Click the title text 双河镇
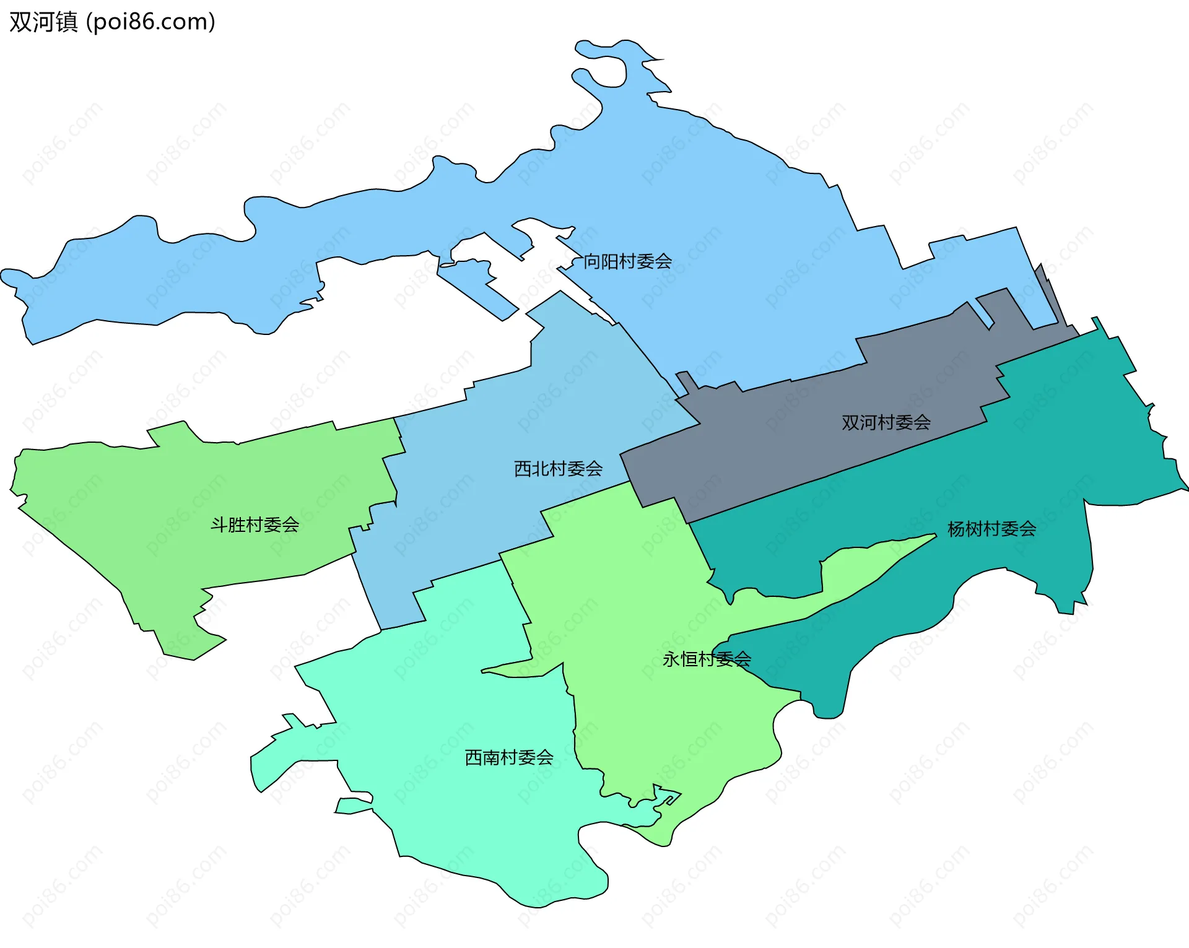coord(43,22)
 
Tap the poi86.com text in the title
coord(150,22)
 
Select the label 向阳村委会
coord(627,261)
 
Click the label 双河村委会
coord(886,422)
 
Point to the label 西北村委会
coord(558,469)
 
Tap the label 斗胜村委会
coord(255,525)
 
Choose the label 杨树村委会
coord(991,529)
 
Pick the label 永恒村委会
coord(707,659)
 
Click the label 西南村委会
coord(508,757)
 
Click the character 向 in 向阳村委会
coord(592,261)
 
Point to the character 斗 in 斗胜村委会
coord(219,525)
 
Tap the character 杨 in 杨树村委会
coord(956,529)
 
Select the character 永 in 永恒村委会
coord(671,659)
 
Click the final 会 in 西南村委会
coord(544,757)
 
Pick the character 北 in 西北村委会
coord(540,469)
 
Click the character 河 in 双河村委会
coord(868,422)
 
